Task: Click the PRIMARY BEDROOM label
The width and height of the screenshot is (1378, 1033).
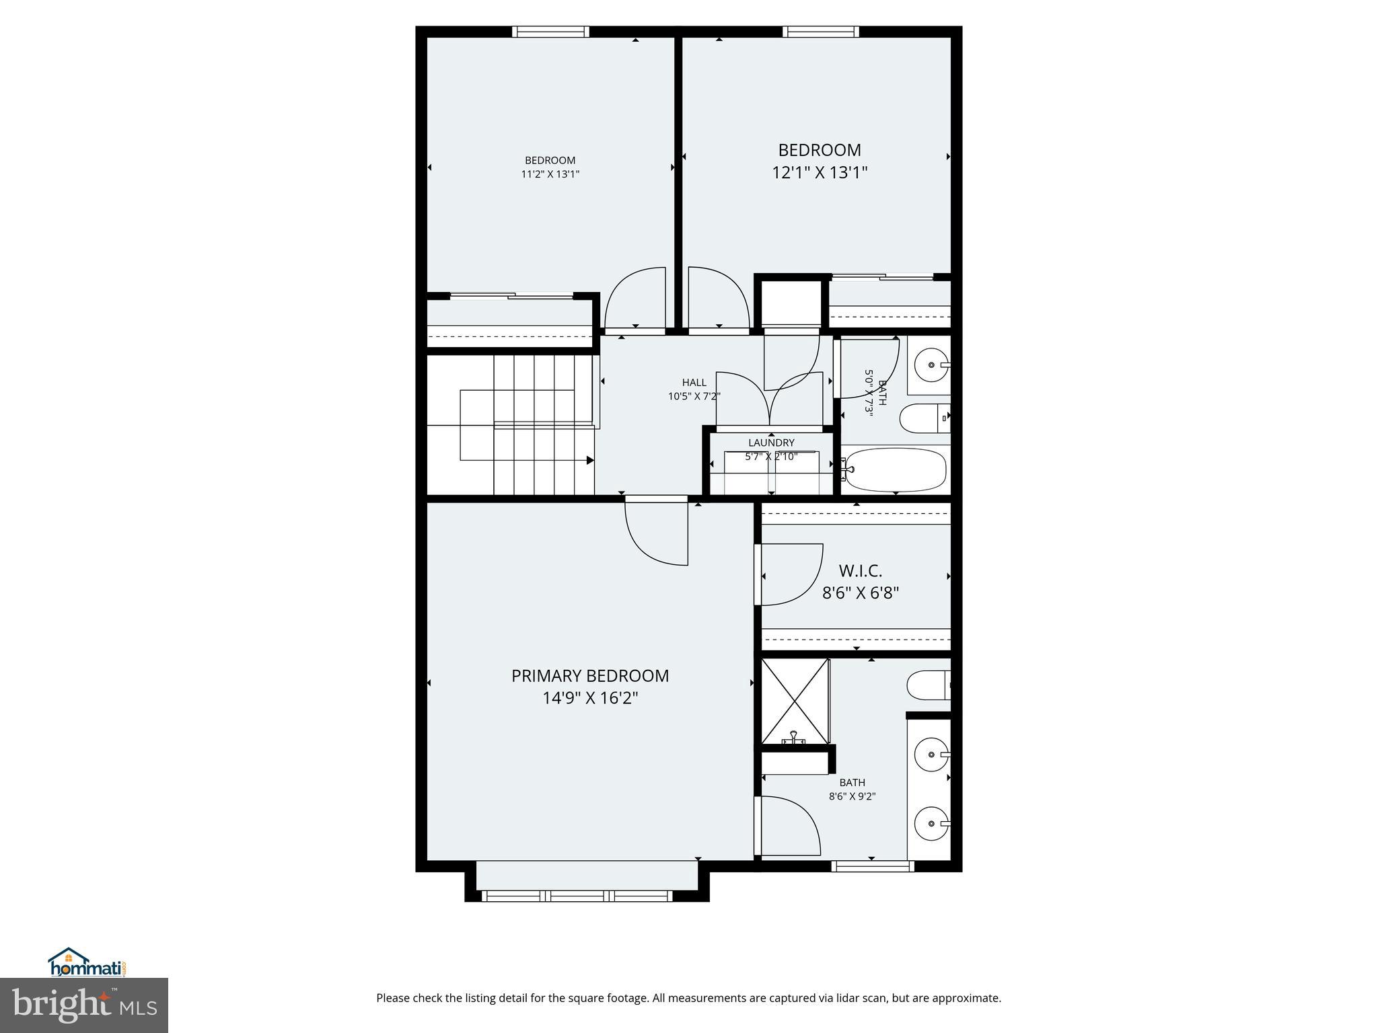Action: pyautogui.click(x=590, y=676)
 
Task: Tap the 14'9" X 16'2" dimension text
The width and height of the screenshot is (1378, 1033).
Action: pyautogui.click(x=590, y=699)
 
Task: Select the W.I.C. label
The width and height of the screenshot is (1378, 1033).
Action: pyautogui.click(x=860, y=571)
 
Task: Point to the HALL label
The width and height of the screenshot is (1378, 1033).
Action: pyautogui.click(x=694, y=383)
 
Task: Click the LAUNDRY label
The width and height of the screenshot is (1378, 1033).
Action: pyautogui.click(x=771, y=443)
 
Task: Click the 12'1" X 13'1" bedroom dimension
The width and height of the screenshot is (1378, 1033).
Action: pyautogui.click(x=819, y=173)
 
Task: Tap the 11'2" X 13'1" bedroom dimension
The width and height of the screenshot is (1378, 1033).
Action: pyautogui.click(x=550, y=174)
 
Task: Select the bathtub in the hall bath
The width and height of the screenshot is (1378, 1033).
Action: pyautogui.click(x=896, y=470)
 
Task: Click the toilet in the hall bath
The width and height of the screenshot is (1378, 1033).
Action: pyautogui.click(x=923, y=418)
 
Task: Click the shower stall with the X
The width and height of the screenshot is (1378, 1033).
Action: pyautogui.click(x=795, y=701)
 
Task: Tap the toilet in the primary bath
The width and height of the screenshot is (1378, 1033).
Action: pyautogui.click(x=927, y=686)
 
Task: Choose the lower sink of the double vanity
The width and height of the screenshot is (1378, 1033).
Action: pyautogui.click(x=931, y=823)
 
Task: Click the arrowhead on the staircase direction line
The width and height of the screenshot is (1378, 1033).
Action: pyautogui.click(x=590, y=461)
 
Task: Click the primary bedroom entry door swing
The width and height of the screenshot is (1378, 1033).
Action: pyautogui.click(x=656, y=531)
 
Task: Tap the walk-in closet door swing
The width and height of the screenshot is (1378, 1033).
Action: pyautogui.click(x=791, y=574)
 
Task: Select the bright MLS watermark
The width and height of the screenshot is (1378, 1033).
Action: pyautogui.click(x=84, y=1005)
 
